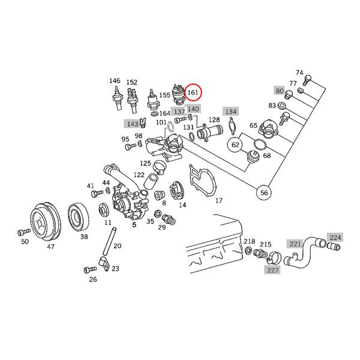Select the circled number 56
click(264, 193)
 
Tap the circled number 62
click(235, 145)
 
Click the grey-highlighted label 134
click(230, 112)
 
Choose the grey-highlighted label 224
click(335, 238)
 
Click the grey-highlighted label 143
click(132, 124)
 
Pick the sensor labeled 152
click(132, 100)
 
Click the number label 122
click(139, 175)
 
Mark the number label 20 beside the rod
click(117, 246)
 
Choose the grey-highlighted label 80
click(279, 91)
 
